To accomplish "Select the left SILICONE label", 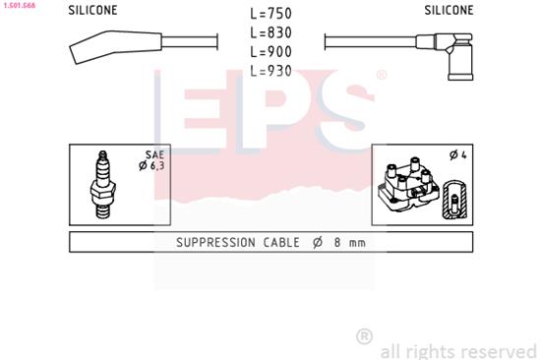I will pyautogui.click(x=92, y=10).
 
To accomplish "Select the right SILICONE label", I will pyautogui.click(x=449, y=10).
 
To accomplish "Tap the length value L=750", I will pyautogui.click(x=272, y=15).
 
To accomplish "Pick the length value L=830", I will pyautogui.click(x=272, y=33).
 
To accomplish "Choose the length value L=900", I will pyautogui.click(x=272, y=51).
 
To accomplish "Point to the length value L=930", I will pyautogui.click(x=272, y=70).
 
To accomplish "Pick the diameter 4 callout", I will pyautogui.click(x=457, y=155).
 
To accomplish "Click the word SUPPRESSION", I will pyautogui.click(x=214, y=243).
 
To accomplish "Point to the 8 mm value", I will pyautogui.click(x=349, y=243).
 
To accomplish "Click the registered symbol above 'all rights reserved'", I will pyautogui.click(x=364, y=335).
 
